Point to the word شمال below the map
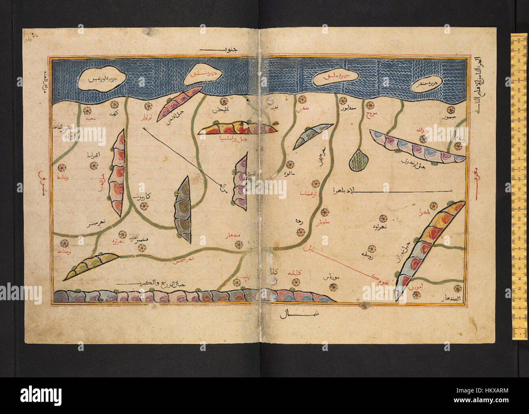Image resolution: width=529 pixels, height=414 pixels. [289, 314]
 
